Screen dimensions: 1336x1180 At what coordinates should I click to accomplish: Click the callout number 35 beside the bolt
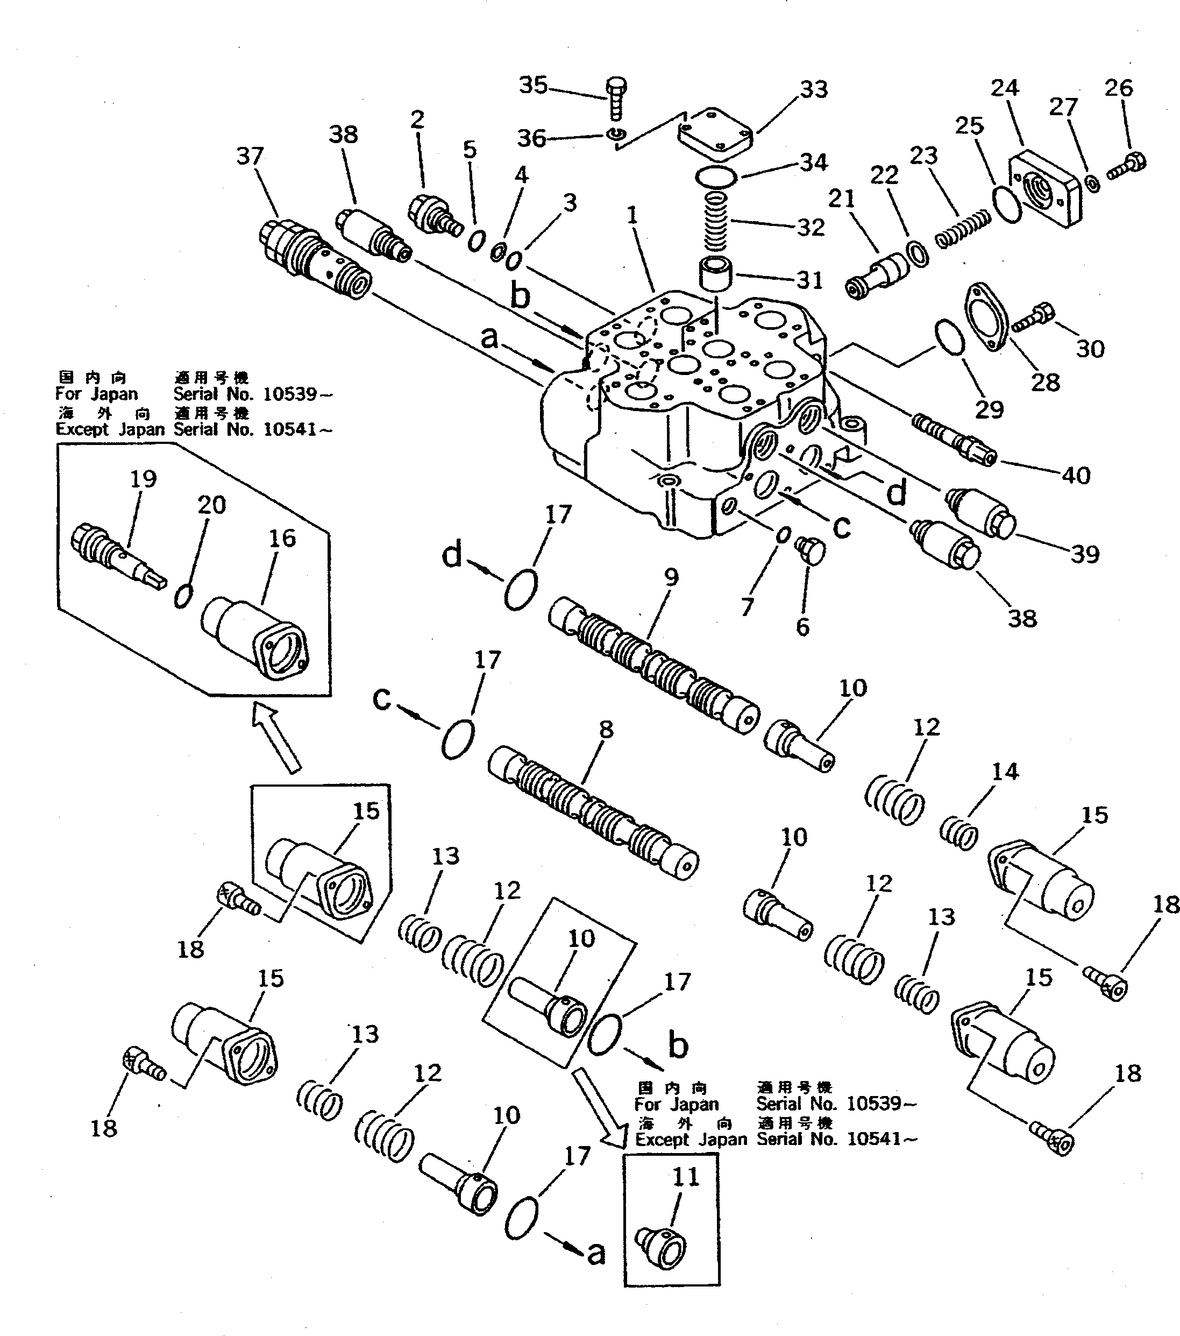point(532,85)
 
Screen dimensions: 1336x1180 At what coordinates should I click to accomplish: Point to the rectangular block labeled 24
point(1044,188)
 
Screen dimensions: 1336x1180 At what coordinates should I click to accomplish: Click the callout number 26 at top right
point(1118,88)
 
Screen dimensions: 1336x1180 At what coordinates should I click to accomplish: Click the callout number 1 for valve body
point(632,216)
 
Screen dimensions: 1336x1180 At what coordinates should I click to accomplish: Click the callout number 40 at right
point(1076,475)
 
